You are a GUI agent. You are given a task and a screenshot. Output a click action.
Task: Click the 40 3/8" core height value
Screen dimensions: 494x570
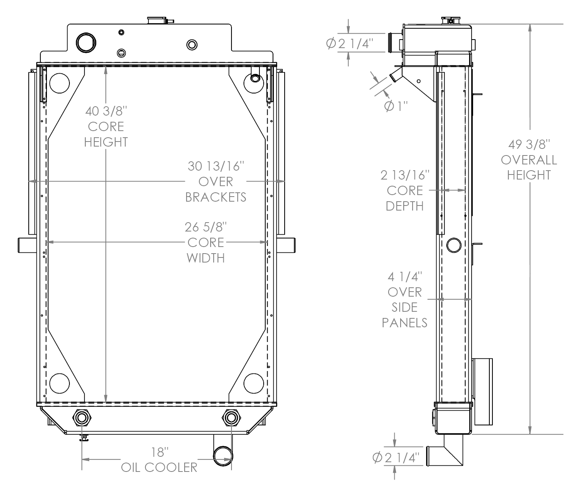click(106, 112)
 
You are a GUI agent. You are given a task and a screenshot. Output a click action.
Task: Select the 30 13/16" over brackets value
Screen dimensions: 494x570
click(216, 166)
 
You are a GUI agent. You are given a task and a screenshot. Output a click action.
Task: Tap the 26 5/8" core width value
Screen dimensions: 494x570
click(206, 227)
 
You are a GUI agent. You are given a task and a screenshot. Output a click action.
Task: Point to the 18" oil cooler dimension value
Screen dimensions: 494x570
click(160, 452)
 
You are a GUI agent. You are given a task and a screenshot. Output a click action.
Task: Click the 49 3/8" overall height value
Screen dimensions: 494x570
click(529, 145)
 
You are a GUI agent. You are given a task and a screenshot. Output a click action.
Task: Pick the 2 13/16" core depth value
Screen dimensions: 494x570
click(405, 175)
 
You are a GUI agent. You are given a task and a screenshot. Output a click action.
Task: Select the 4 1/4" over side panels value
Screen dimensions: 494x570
click(405, 277)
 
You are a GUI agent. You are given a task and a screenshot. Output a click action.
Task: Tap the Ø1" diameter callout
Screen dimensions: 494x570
click(396, 106)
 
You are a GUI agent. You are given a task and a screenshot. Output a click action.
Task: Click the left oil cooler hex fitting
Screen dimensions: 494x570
click(82, 418)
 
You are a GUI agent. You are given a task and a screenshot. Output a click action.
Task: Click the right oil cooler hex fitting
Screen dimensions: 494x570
click(231, 418)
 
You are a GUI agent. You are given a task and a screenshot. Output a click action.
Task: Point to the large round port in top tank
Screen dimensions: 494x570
click(86, 42)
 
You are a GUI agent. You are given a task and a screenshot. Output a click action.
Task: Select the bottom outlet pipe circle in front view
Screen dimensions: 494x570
click(223, 456)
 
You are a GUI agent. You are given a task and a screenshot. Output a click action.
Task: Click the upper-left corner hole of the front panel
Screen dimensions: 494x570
click(59, 83)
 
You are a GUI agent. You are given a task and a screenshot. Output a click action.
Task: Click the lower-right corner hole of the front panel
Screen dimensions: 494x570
click(254, 383)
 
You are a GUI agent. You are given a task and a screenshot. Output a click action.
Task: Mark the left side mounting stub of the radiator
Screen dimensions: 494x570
click(27, 245)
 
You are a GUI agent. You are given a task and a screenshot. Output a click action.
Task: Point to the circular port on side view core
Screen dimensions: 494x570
click(454, 245)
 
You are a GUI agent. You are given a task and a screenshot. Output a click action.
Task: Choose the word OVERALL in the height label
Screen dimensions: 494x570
click(529, 160)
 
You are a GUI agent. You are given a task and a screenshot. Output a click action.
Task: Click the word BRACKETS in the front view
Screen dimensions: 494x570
click(216, 197)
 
